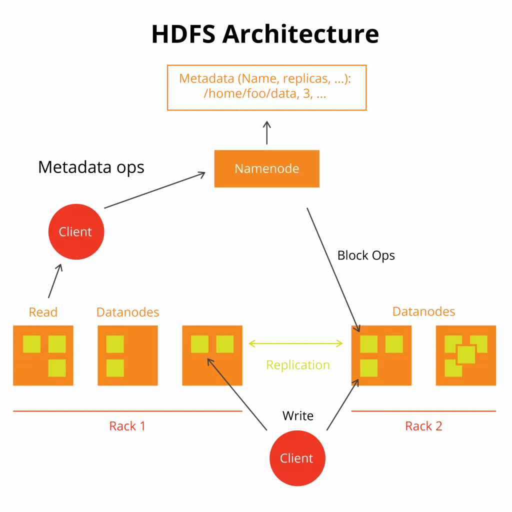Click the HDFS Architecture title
265,34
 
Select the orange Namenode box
267,168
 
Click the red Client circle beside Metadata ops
76,231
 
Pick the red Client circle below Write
297,458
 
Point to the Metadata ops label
91,167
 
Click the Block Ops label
366,255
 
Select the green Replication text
298,364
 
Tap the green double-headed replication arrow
296,343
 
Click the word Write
298,415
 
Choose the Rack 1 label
127,426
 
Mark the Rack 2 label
423,426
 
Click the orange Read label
43,312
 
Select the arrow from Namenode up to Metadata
267,132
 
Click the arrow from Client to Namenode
155,190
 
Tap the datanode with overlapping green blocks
466,355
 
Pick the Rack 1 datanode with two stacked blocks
127,355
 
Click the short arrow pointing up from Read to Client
55,281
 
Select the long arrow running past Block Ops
333,270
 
